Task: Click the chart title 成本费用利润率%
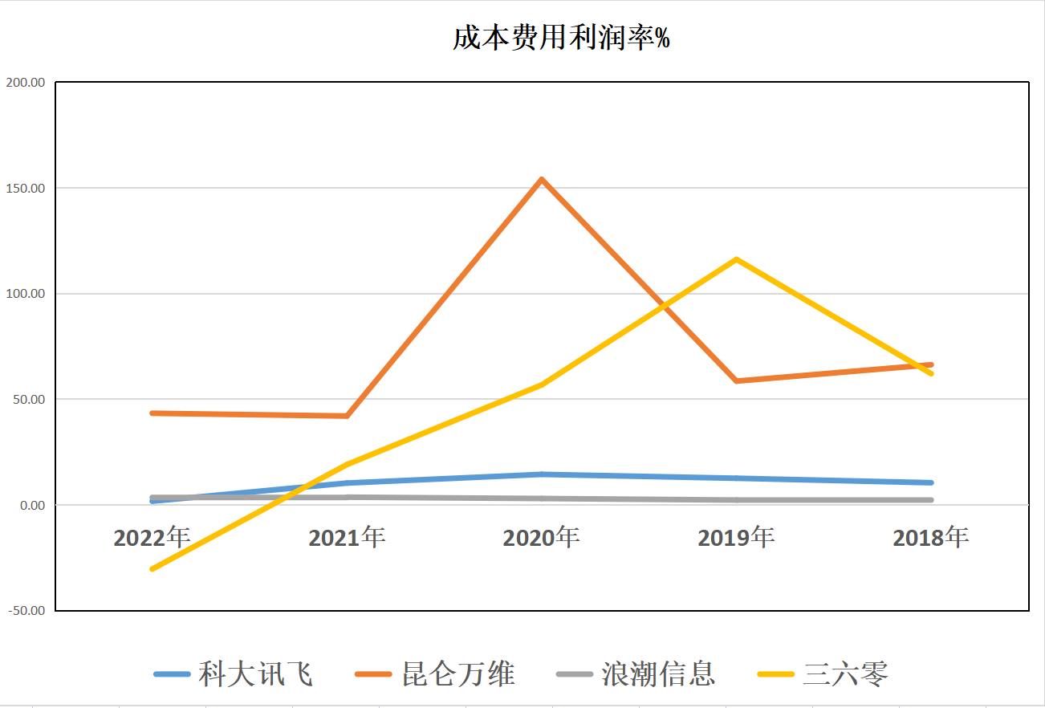point(561,38)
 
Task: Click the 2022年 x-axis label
point(152,537)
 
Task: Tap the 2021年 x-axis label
point(347,537)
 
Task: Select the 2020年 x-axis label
point(541,537)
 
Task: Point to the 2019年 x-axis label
point(736,537)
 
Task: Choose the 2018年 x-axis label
point(931,537)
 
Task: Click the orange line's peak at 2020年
point(542,179)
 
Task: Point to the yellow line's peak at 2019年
point(736,259)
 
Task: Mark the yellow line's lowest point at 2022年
point(152,568)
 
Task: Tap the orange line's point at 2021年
point(347,416)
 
